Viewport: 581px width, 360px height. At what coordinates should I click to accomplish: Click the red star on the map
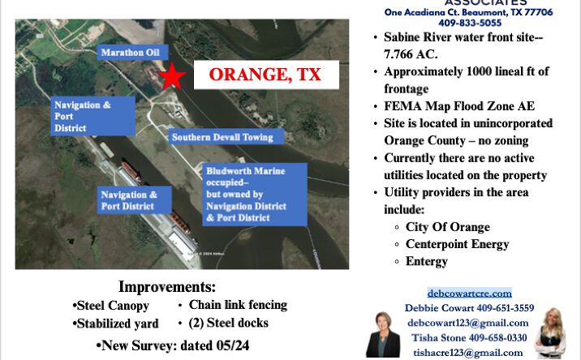point(172,76)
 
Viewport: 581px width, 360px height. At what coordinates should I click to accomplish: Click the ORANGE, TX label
point(265,75)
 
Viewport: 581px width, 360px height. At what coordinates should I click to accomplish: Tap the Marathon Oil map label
point(130,53)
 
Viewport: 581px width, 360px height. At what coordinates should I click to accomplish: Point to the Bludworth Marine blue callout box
point(255,195)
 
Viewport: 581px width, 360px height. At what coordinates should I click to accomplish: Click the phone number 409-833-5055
point(469,24)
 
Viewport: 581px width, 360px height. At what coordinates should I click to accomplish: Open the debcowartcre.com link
point(469,293)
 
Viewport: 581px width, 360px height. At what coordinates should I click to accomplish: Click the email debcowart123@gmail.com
point(469,323)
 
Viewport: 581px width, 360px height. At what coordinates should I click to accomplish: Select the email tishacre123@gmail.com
point(467,352)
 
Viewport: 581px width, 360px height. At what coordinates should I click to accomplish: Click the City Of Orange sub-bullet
point(447,227)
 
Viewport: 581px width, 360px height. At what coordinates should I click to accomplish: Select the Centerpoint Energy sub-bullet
point(457,244)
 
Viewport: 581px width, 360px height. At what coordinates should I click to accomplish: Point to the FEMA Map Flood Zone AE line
point(458,106)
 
